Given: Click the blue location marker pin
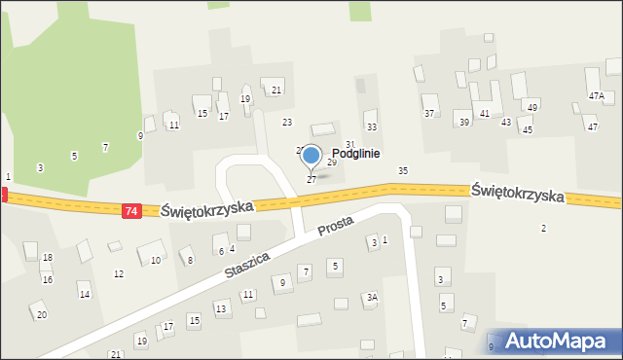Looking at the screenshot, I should point(311,156).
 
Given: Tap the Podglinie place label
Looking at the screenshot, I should point(355,154).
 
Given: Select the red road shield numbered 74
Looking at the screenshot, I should point(131,210).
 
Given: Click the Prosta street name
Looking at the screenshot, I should point(336,229).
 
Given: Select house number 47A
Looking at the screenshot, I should point(596,95).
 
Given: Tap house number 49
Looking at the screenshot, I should point(531,107).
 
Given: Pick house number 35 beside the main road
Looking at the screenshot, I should point(402,171).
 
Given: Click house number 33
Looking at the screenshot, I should point(371,127).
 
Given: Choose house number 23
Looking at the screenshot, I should point(287,122).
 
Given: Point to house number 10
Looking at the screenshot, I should point(156,261).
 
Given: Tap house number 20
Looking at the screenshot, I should point(41,314).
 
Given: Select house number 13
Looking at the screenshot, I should point(221,308).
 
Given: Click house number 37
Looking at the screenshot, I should point(428,114).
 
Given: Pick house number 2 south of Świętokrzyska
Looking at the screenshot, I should point(543,228).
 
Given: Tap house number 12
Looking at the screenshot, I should point(119,274).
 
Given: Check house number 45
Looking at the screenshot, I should point(527,129).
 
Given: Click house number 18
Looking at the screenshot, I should point(47,258).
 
